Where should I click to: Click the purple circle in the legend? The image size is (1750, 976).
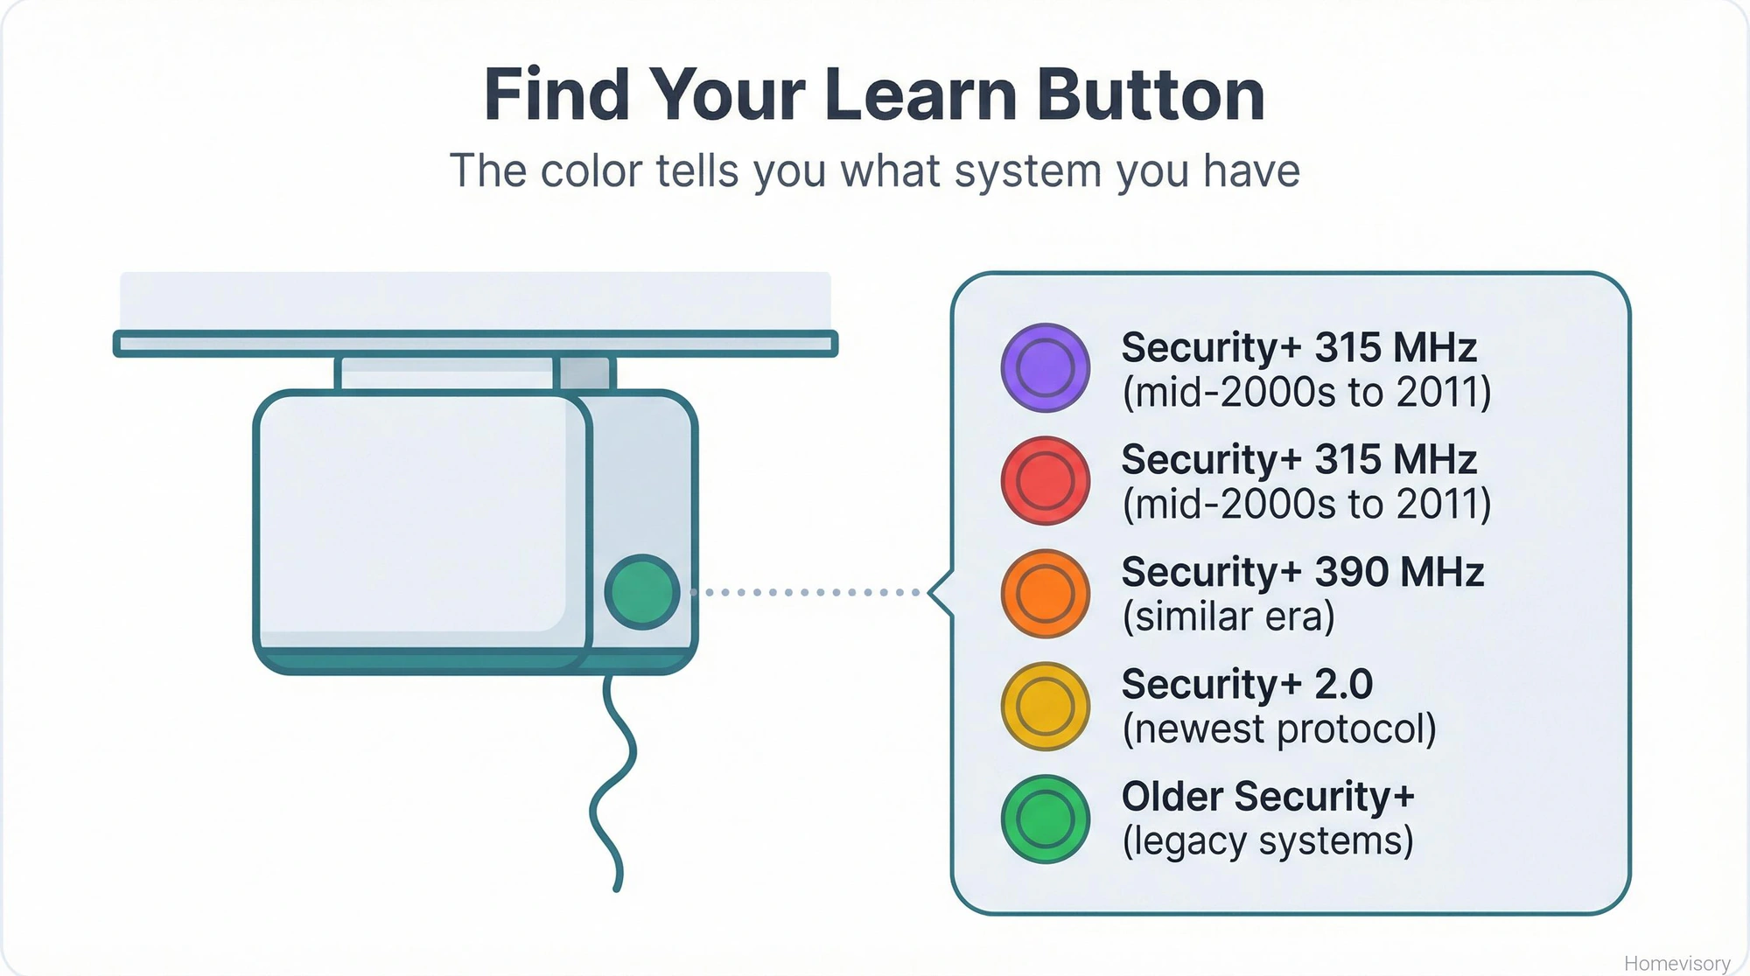coord(1045,367)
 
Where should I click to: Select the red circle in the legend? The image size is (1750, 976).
coord(1045,480)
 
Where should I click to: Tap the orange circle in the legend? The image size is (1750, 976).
coord(1045,593)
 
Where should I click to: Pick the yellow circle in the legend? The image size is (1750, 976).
coord(1045,706)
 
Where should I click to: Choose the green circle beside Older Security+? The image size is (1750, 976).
coord(1045,819)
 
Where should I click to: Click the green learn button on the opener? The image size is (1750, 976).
coord(642,592)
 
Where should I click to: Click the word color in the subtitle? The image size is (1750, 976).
coord(591,171)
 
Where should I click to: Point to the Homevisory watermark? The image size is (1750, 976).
coord(1676,963)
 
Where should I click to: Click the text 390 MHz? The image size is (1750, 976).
coord(1399,572)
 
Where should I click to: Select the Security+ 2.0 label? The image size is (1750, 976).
coord(1247,684)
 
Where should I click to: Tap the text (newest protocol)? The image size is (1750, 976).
coord(1279,729)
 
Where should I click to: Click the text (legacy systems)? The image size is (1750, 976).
coord(1268,841)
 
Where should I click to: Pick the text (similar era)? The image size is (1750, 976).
coord(1228,617)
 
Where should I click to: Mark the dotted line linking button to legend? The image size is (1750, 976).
coord(805,592)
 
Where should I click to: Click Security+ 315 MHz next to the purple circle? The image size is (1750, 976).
coord(1298,347)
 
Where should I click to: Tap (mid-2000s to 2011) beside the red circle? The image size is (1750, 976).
coord(1306,505)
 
